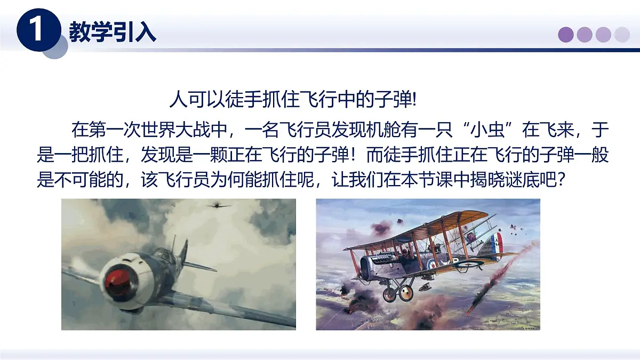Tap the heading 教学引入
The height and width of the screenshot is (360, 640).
(x=113, y=32)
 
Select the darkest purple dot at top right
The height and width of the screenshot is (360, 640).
(x=566, y=35)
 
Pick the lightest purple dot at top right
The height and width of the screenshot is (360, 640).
(x=622, y=35)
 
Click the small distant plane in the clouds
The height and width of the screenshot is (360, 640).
(x=219, y=204)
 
